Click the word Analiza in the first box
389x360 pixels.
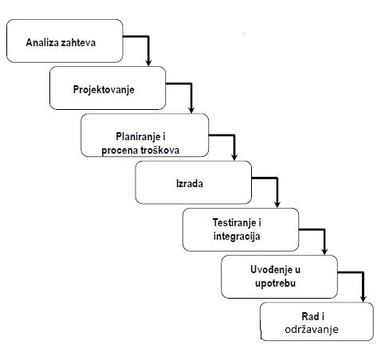click(x=42, y=42)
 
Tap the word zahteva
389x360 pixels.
click(x=78, y=42)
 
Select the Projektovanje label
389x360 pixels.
click(x=104, y=90)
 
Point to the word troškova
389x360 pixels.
click(x=159, y=151)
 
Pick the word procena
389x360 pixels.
click(x=120, y=151)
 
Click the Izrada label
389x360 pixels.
click(x=190, y=184)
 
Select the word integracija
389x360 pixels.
click(x=237, y=237)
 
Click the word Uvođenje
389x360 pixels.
click(x=268, y=269)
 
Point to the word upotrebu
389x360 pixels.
click(x=275, y=284)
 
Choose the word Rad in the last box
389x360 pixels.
click(x=309, y=316)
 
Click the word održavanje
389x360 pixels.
click(x=312, y=330)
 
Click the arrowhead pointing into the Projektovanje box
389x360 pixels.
click(x=148, y=63)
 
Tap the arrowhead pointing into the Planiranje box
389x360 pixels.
click(x=191, y=110)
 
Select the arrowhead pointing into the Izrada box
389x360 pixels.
click(x=234, y=157)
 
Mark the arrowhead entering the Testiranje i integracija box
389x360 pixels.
click(x=277, y=204)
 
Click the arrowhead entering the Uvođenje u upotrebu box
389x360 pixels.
click(x=324, y=251)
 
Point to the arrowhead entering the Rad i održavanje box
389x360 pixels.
click(x=363, y=299)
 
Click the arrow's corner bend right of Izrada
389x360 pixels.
click(x=277, y=178)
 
